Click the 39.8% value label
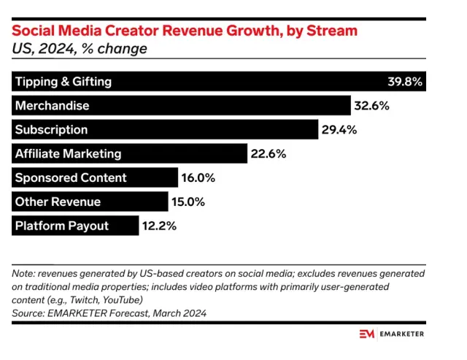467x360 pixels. [404, 82]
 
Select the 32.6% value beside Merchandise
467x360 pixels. [371, 106]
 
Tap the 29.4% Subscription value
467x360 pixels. [339, 130]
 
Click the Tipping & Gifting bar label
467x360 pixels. [63, 82]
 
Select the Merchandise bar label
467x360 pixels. [52, 106]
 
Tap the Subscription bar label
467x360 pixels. [51, 130]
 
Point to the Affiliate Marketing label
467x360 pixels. [68, 154]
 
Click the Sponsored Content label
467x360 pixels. [71, 178]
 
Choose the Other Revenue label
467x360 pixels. [58, 202]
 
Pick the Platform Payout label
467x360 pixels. [61, 226]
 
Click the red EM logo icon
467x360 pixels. [367, 334]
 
